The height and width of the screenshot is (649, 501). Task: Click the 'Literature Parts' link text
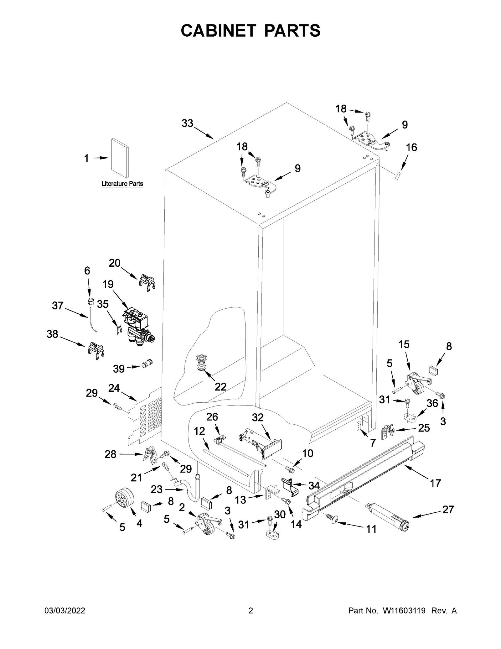pyautogui.click(x=122, y=184)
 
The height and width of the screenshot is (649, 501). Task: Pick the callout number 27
pyautogui.click(x=448, y=510)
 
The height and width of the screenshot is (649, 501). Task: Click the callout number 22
pyautogui.click(x=220, y=387)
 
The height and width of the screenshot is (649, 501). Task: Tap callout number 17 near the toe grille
pyautogui.click(x=435, y=484)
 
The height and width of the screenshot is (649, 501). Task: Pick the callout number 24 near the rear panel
pyautogui.click(x=114, y=388)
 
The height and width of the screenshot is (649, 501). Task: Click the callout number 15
pyautogui.click(x=404, y=345)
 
